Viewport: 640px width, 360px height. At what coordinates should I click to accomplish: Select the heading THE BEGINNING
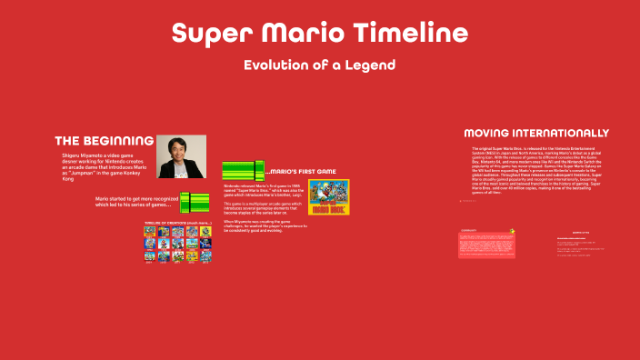(104, 141)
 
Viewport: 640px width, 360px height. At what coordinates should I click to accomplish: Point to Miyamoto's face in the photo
(179, 151)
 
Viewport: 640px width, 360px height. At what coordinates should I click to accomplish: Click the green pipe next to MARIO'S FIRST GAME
(243, 170)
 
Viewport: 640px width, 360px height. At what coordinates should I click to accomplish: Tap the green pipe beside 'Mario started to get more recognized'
(194, 203)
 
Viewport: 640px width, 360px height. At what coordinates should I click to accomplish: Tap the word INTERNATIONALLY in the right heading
(570, 133)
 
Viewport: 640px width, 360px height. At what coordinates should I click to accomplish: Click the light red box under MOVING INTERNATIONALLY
(485, 244)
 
